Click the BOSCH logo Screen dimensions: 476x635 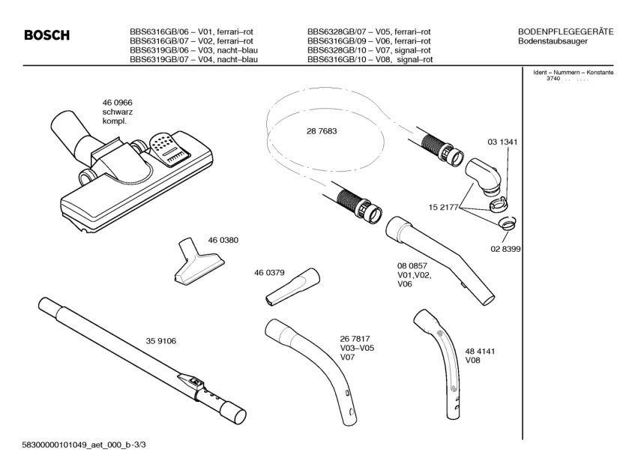(46, 35)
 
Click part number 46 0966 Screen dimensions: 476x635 (118, 103)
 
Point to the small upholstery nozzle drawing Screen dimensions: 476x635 (196, 262)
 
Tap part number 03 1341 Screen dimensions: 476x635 (503, 142)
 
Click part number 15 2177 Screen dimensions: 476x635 (444, 206)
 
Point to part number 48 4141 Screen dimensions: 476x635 (481, 351)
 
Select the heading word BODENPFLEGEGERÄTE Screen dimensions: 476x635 (567, 31)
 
